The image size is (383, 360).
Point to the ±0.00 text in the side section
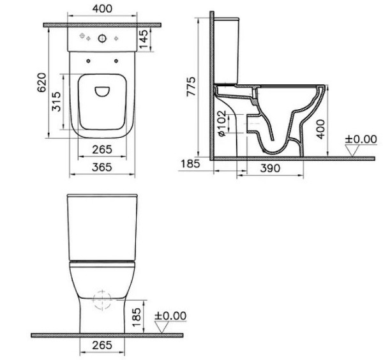(x=360, y=139)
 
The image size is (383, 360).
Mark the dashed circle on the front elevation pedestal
(x=99, y=299)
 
